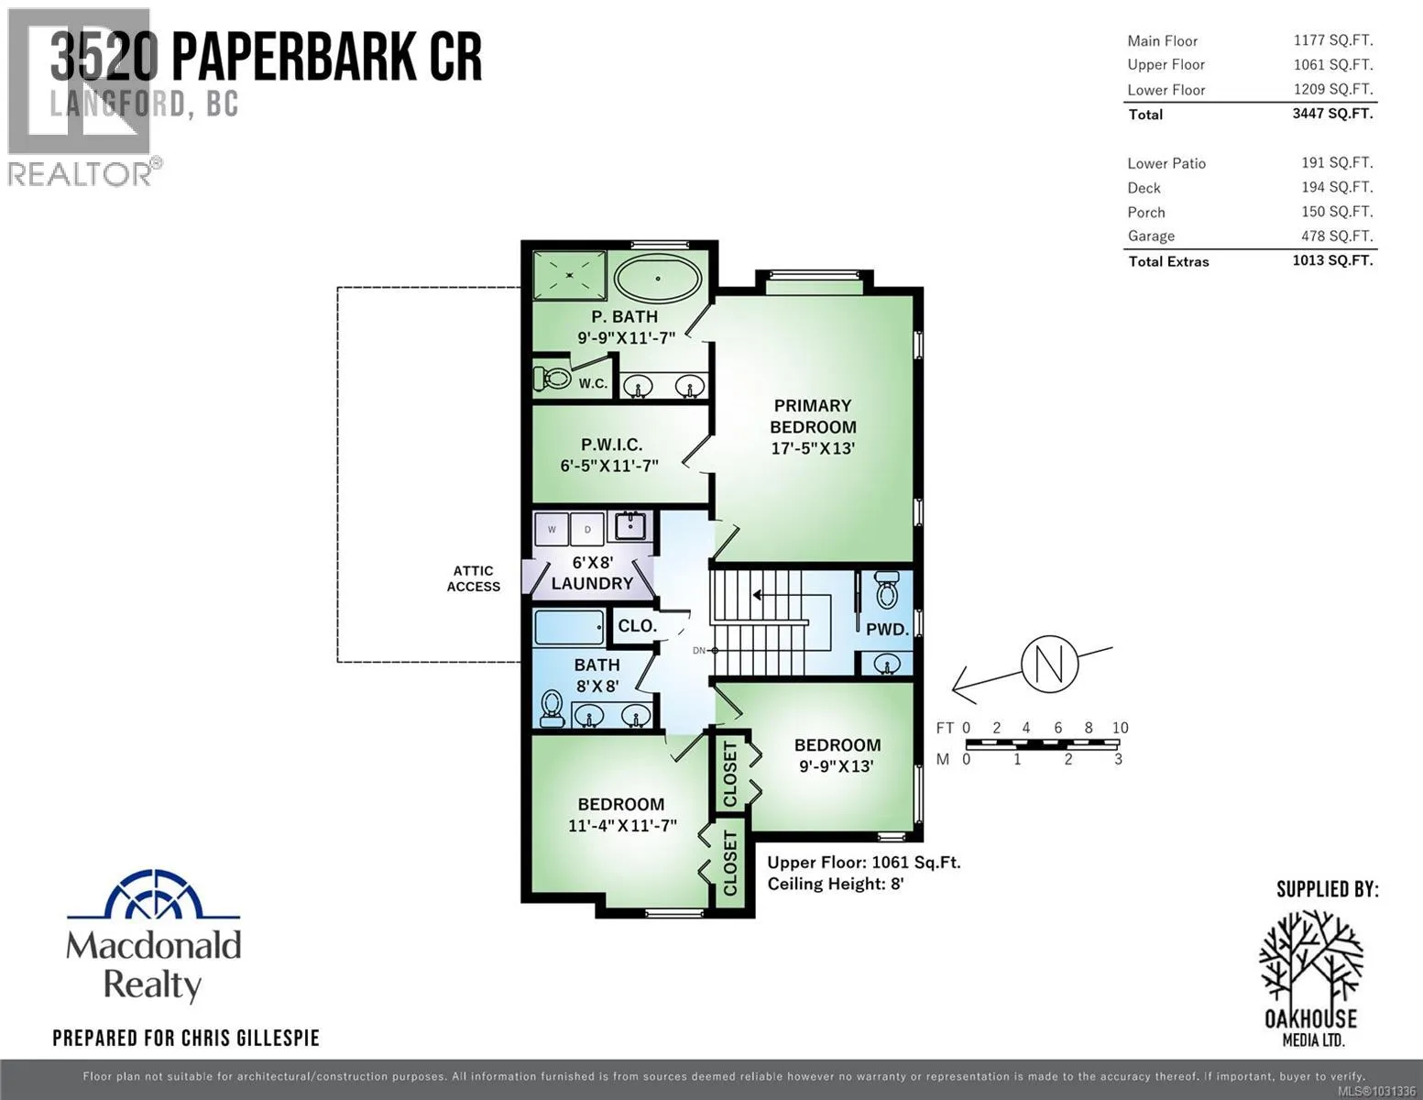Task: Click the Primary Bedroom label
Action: pyautogui.click(x=813, y=416)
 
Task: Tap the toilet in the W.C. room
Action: pyautogui.click(x=553, y=379)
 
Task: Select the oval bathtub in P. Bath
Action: pyautogui.click(x=658, y=279)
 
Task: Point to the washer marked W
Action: pyautogui.click(x=552, y=529)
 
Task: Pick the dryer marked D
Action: pyautogui.click(x=587, y=529)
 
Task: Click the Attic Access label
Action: pyautogui.click(x=474, y=578)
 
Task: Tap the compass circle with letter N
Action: pyautogui.click(x=1050, y=664)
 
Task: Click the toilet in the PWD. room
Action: pyautogui.click(x=887, y=590)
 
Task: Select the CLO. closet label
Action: pyautogui.click(x=637, y=626)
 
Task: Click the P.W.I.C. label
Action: pyautogui.click(x=612, y=445)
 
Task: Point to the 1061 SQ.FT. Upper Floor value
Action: pyautogui.click(x=1333, y=65)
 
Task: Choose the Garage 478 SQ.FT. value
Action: pyautogui.click(x=1337, y=236)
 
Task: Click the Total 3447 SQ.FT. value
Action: pyautogui.click(x=1332, y=114)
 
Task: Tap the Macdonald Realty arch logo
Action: pyautogui.click(x=154, y=895)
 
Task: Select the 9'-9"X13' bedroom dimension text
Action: pyautogui.click(x=837, y=765)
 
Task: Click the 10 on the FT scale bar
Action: pyautogui.click(x=1120, y=728)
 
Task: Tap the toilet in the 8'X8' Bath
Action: pyautogui.click(x=552, y=709)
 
